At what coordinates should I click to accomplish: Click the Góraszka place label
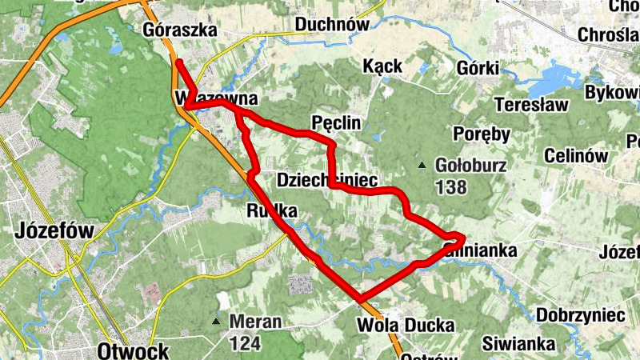pyautogui.click(x=180, y=30)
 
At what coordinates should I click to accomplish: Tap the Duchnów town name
pyautogui.click(x=332, y=25)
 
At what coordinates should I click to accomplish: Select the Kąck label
pyautogui.click(x=382, y=66)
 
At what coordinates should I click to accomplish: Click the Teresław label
pyautogui.click(x=531, y=104)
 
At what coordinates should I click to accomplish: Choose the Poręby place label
pyautogui.click(x=482, y=134)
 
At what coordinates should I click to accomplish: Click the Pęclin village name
pyautogui.click(x=336, y=122)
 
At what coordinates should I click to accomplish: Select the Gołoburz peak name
pyautogui.click(x=463, y=166)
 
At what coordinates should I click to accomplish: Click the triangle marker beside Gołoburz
pyautogui.click(x=422, y=166)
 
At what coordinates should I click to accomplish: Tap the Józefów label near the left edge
pyautogui.click(x=54, y=232)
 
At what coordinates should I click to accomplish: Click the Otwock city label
pyautogui.click(x=133, y=350)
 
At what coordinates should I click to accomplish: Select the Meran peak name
pyautogui.click(x=255, y=322)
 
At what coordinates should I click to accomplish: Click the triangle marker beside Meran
pyautogui.click(x=216, y=322)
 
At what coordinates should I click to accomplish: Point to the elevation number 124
pyautogui.click(x=245, y=342)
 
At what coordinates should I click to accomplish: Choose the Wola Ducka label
pyautogui.click(x=406, y=326)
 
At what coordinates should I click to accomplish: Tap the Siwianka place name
pyautogui.click(x=518, y=344)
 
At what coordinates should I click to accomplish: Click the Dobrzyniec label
pyautogui.click(x=582, y=314)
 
